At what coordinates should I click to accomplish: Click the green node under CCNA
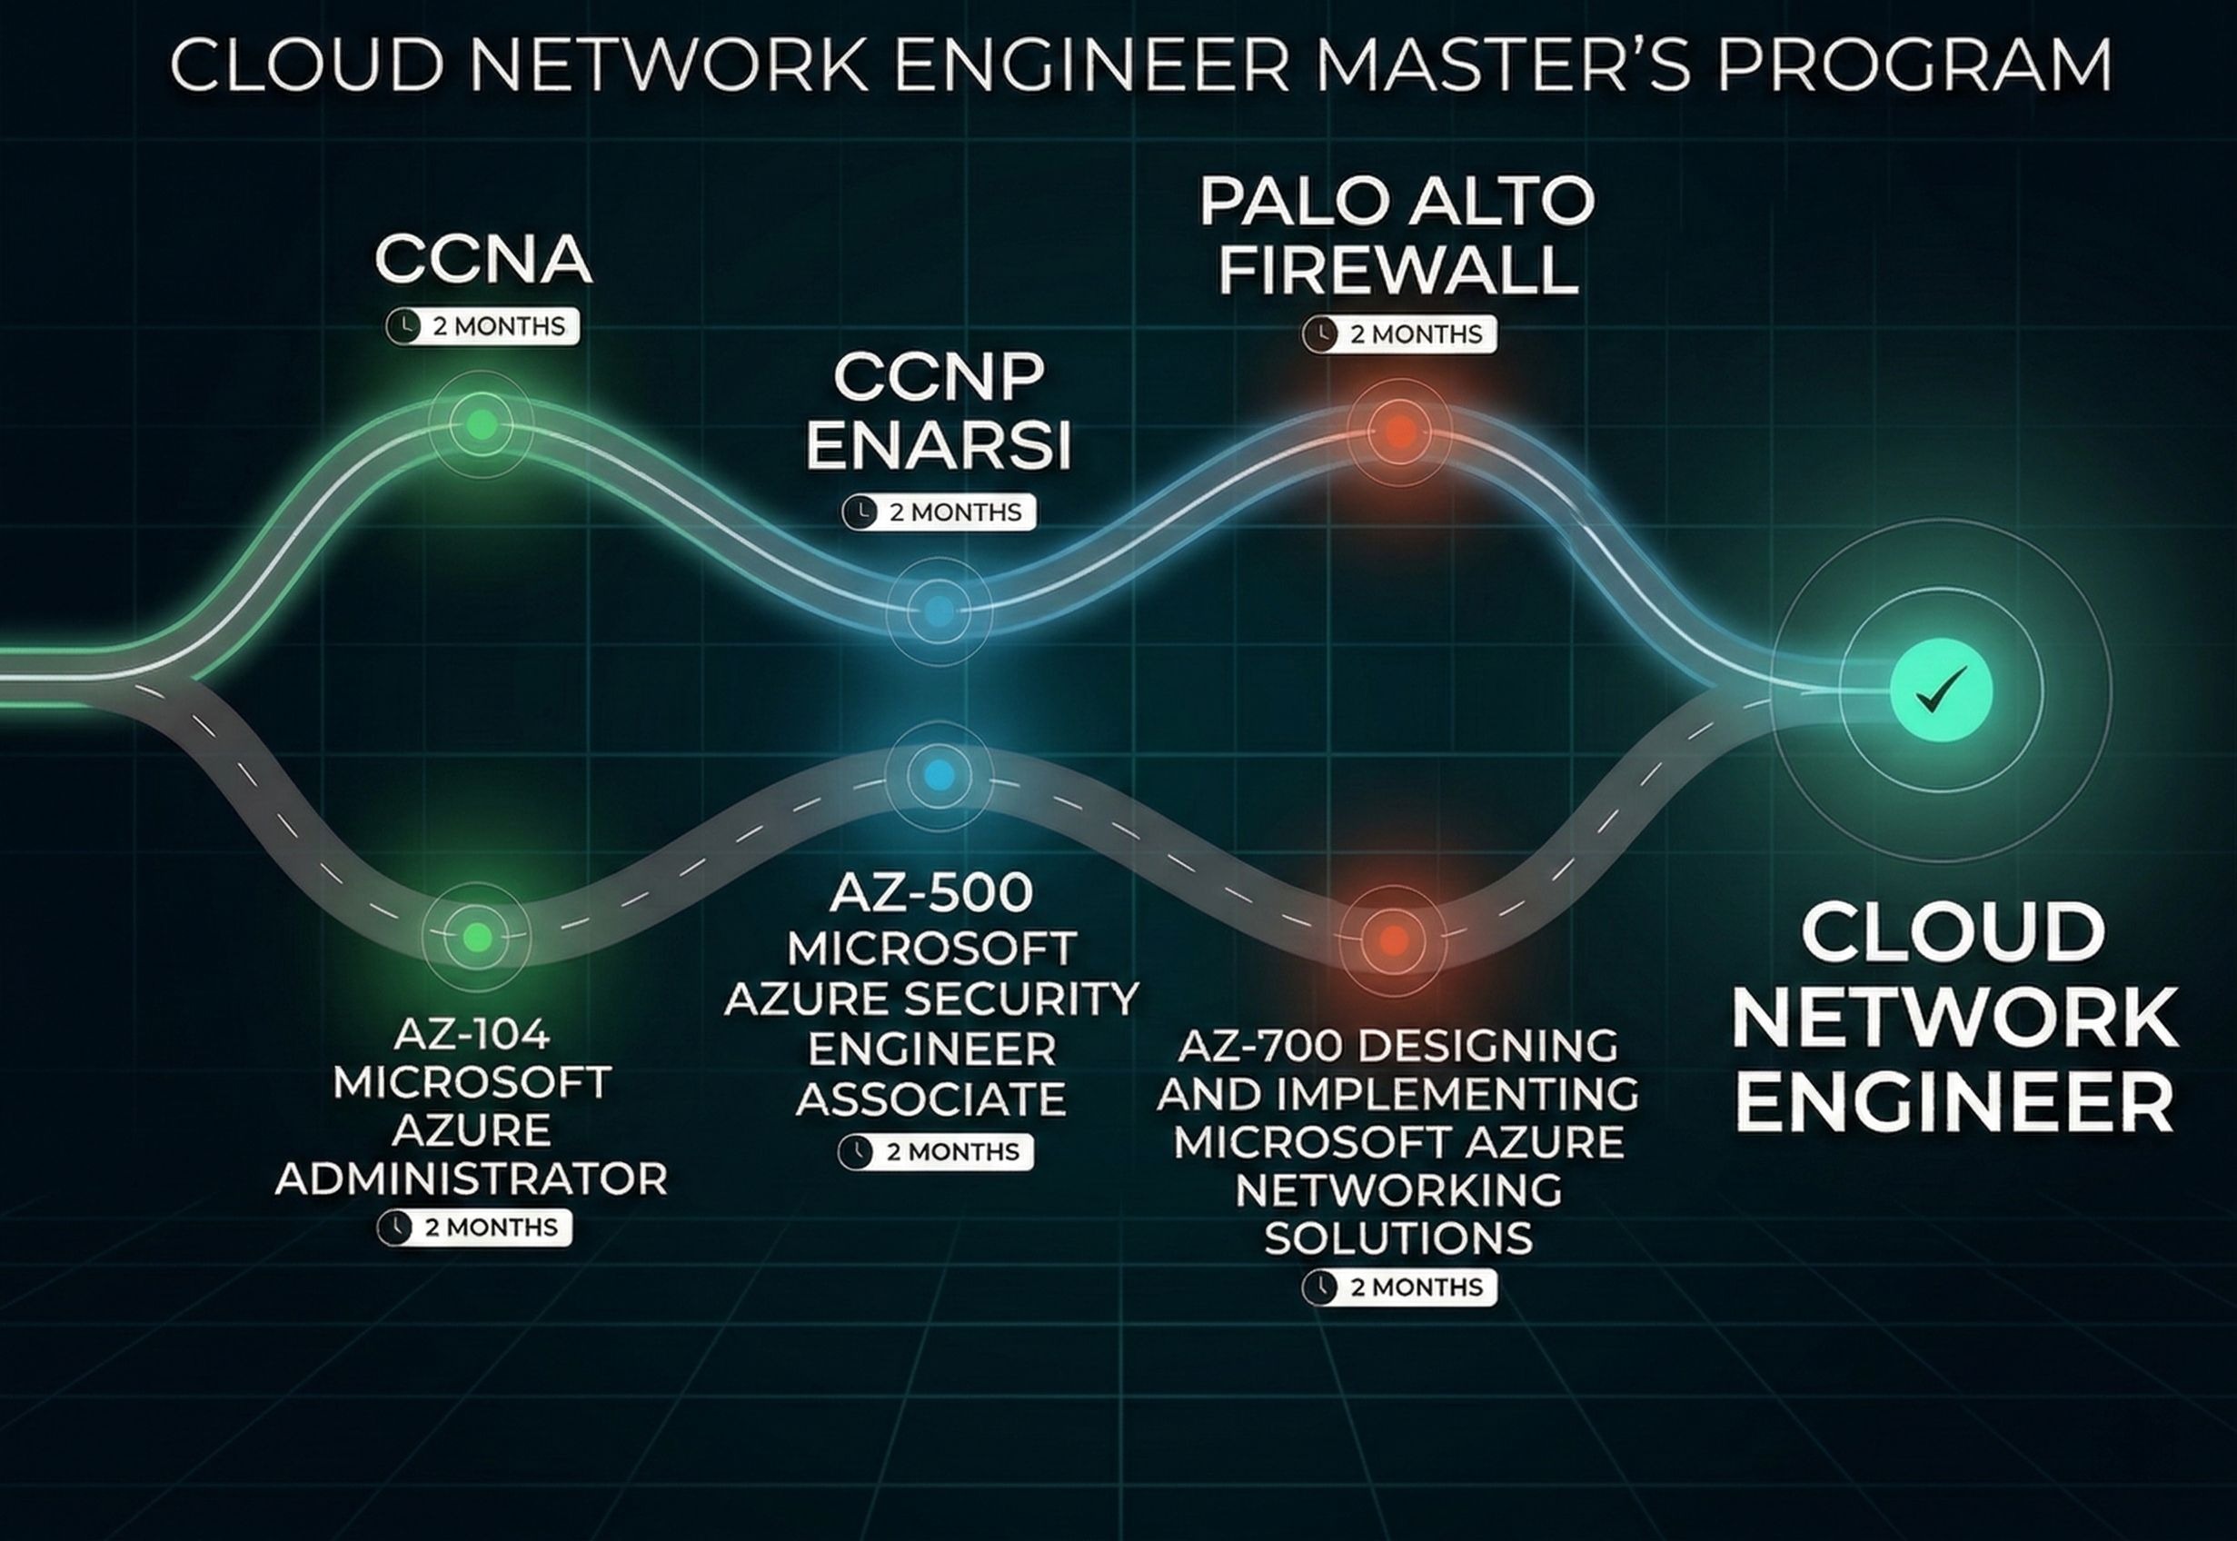tap(481, 424)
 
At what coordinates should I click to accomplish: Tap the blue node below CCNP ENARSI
tap(939, 611)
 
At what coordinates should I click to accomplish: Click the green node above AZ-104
tap(477, 936)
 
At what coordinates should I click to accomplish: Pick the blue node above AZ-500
tap(939, 774)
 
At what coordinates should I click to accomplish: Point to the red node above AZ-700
tap(1392, 939)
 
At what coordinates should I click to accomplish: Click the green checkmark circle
tap(1941, 691)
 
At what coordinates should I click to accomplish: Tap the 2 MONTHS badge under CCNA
tap(482, 326)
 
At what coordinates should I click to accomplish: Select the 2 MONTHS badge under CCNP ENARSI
tap(939, 512)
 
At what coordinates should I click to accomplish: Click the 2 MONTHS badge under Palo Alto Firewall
tap(1399, 334)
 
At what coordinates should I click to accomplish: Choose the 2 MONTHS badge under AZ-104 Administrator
tap(474, 1228)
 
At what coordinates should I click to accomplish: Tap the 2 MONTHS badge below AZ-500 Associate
tap(936, 1152)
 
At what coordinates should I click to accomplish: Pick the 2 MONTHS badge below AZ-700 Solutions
tap(1399, 1287)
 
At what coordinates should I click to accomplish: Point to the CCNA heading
tap(482, 260)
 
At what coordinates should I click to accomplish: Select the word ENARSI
tap(939, 445)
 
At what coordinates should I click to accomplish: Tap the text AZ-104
tap(472, 1035)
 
